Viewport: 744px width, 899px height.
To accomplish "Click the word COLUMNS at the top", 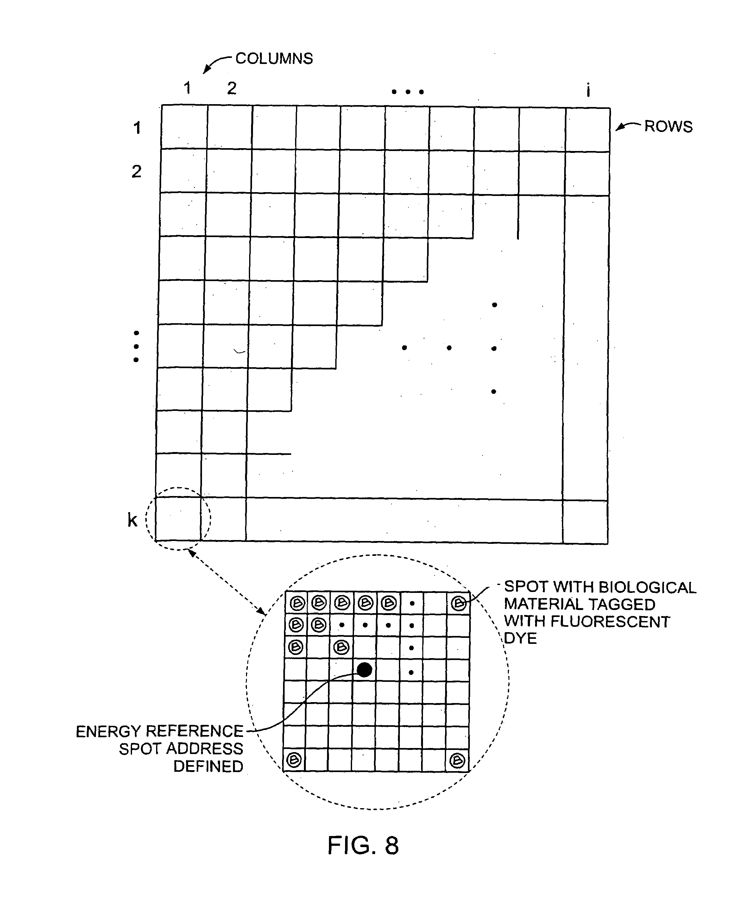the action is (274, 59).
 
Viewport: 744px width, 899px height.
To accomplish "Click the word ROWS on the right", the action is (668, 127).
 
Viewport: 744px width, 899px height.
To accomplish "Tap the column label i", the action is (589, 90).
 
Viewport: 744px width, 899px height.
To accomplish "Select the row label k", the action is (133, 520).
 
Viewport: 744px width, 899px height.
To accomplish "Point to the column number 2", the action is (232, 88).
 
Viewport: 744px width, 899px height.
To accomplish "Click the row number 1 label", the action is (137, 128).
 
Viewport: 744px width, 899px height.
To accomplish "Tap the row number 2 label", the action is (136, 172).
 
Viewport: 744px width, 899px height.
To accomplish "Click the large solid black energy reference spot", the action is (364, 670).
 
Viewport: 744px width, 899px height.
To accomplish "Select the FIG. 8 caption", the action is (363, 845).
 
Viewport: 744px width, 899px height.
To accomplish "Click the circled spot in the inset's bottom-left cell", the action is (294, 760).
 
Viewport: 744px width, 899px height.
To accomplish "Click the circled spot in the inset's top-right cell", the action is (458, 604).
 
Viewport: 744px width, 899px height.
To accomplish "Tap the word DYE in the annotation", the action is (520, 638).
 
